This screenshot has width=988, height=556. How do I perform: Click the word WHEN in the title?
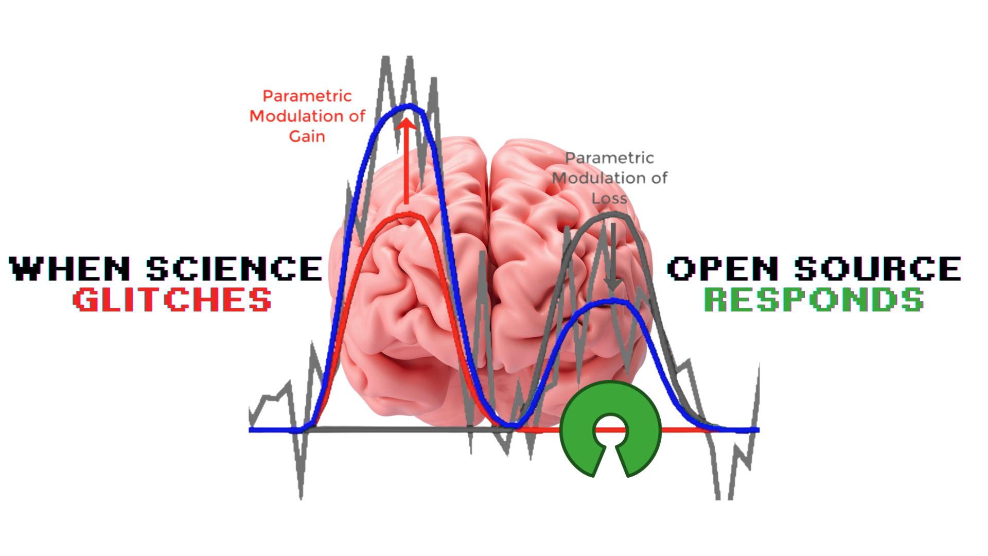[70, 269]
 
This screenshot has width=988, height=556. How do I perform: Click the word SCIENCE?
[235, 269]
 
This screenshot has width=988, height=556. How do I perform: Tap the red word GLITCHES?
[172, 300]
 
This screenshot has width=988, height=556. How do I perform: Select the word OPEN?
[722, 269]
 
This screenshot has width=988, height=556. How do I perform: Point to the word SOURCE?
[877, 269]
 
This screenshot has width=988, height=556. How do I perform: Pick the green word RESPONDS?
[814, 300]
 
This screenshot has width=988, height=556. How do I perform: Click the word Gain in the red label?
[307, 136]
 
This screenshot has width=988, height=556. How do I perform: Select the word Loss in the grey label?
[609, 198]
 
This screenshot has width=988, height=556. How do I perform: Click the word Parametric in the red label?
[307, 96]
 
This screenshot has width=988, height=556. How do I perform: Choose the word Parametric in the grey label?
[610, 158]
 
